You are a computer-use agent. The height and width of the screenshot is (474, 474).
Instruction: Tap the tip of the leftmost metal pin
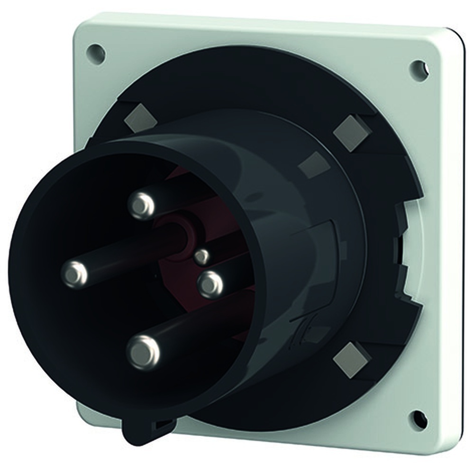[75, 274]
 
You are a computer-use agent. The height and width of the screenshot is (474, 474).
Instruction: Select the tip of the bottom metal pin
[143, 352]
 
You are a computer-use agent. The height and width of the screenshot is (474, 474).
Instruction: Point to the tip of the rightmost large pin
[210, 284]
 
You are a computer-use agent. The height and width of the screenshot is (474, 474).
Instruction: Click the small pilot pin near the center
[202, 256]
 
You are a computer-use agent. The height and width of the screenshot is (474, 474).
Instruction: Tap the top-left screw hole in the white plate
[96, 53]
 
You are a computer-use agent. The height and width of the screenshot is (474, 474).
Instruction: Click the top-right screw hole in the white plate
[419, 70]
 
